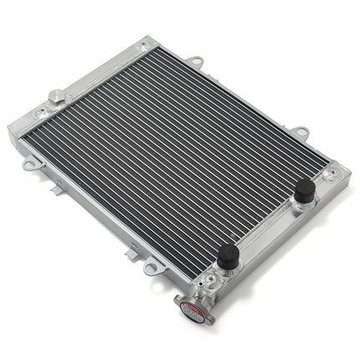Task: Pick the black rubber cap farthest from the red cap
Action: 304,191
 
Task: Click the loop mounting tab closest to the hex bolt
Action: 30,164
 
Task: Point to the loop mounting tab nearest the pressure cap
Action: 152,268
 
